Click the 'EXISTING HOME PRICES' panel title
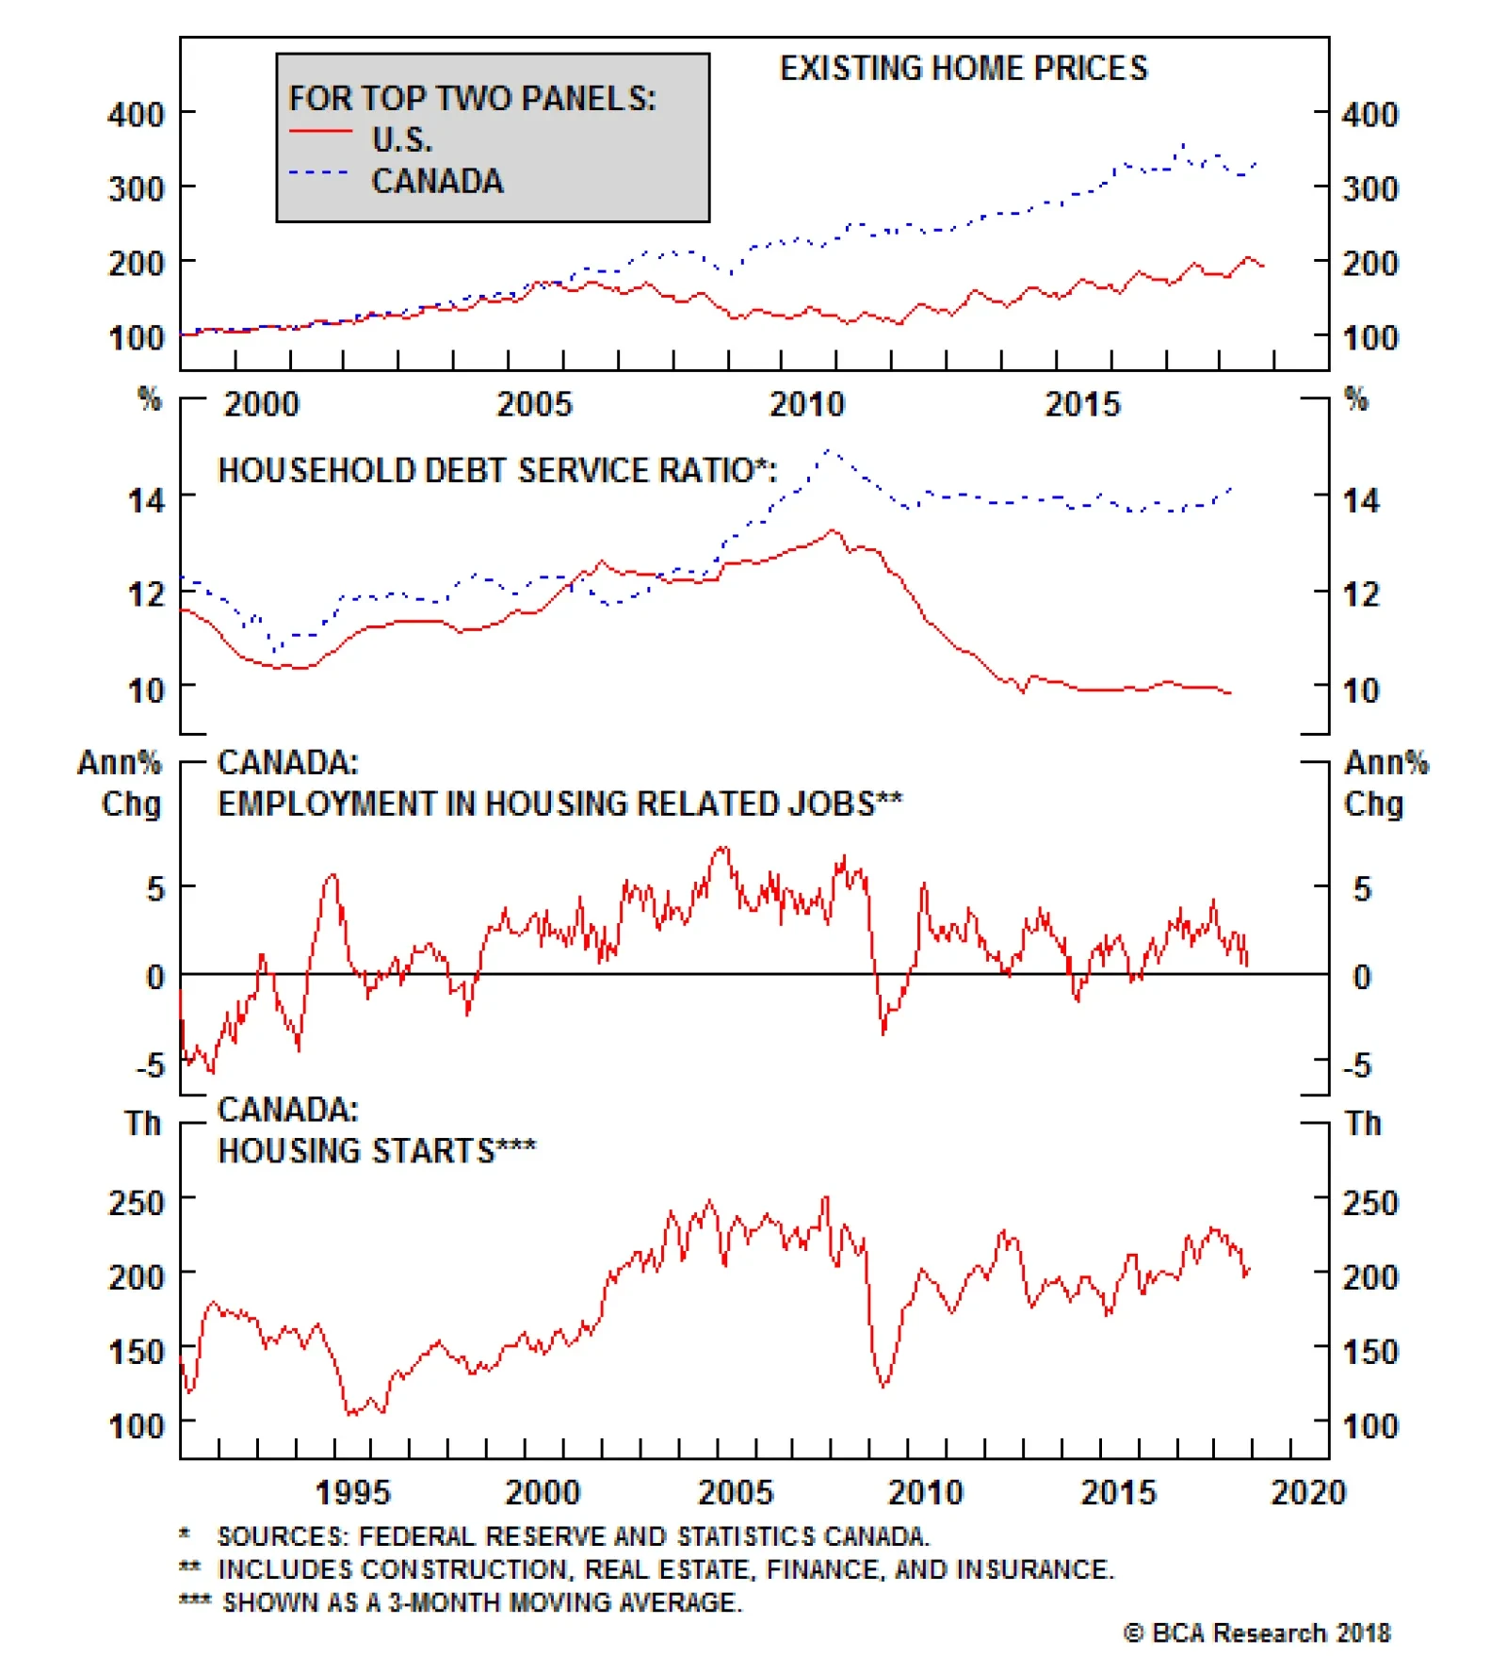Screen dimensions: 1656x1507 (x=964, y=69)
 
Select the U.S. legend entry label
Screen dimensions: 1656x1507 (x=402, y=139)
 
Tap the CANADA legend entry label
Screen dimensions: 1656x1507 (x=437, y=181)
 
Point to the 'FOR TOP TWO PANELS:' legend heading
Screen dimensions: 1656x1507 (x=472, y=98)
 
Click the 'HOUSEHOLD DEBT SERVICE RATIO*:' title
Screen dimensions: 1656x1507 (x=497, y=470)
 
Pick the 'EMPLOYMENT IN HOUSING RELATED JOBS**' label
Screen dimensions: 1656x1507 (x=559, y=804)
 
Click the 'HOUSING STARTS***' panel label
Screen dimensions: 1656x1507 (x=377, y=1150)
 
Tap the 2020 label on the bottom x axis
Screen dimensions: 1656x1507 (x=1308, y=1492)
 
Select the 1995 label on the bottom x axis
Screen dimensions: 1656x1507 (x=352, y=1492)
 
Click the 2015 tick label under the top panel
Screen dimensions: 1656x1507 (x=1082, y=405)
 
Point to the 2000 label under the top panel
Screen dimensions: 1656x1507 (x=261, y=405)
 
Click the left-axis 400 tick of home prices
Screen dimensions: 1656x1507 (x=136, y=115)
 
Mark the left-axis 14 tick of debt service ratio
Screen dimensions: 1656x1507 (x=146, y=499)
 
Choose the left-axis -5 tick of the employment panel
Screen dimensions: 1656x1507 (x=151, y=1065)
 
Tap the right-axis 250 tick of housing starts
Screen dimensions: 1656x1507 (x=1370, y=1202)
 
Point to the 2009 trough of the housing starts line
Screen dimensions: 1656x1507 (x=883, y=1386)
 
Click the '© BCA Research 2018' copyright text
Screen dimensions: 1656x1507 (x=1256, y=1632)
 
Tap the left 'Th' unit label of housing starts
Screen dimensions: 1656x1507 (x=143, y=1123)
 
